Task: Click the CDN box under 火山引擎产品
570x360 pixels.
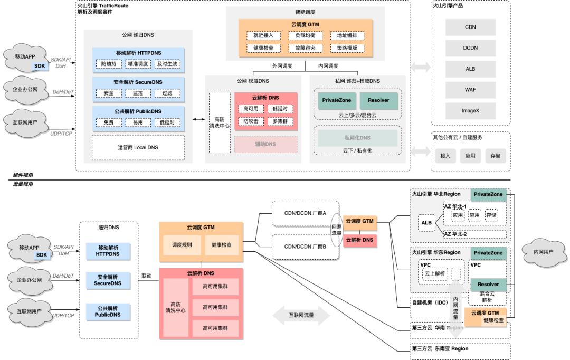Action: pos(470,27)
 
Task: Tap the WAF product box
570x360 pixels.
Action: pos(470,89)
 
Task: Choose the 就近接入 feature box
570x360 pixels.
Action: pos(263,36)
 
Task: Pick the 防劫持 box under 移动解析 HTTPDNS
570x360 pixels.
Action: pos(109,63)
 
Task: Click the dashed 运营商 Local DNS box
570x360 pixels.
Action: pos(138,147)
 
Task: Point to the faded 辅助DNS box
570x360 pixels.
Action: pos(265,144)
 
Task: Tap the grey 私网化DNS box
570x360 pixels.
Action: pos(357,138)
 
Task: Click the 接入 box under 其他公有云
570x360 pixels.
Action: pos(445,156)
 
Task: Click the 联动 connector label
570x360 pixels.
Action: pos(147,276)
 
